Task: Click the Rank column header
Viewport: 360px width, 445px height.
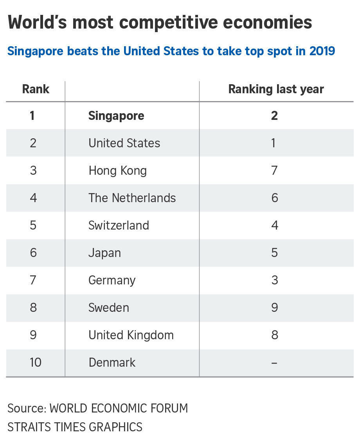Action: click(x=36, y=89)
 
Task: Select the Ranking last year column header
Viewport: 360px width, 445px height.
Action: click(x=276, y=89)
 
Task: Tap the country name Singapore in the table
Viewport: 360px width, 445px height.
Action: click(x=116, y=116)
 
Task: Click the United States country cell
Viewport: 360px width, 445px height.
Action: click(x=124, y=143)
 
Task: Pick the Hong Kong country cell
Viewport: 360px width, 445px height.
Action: click(x=117, y=171)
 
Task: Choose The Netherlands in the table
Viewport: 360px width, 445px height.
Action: click(x=132, y=198)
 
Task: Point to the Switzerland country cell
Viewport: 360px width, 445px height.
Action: click(x=119, y=225)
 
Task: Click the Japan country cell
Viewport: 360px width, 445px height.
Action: click(x=104, y=253)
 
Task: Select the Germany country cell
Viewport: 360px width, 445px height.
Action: click(x=112, y=280)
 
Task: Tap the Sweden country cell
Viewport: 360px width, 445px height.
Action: click(x=108, y=308)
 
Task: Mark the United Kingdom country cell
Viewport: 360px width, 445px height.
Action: click(x=131, y=335)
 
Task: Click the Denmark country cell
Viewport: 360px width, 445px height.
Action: click(x=112, y=362)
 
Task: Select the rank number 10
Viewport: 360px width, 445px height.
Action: click(x=35, y=362)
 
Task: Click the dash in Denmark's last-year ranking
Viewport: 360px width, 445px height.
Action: click(x=274, y=363)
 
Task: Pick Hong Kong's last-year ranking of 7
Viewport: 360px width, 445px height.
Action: click(x=274, y=170)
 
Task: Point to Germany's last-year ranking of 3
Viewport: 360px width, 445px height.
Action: click(x=274, y=280)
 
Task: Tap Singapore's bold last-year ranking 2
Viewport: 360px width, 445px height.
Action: click(x=274, y=116)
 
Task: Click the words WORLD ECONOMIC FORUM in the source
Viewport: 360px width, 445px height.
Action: click(x=119, y=408)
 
